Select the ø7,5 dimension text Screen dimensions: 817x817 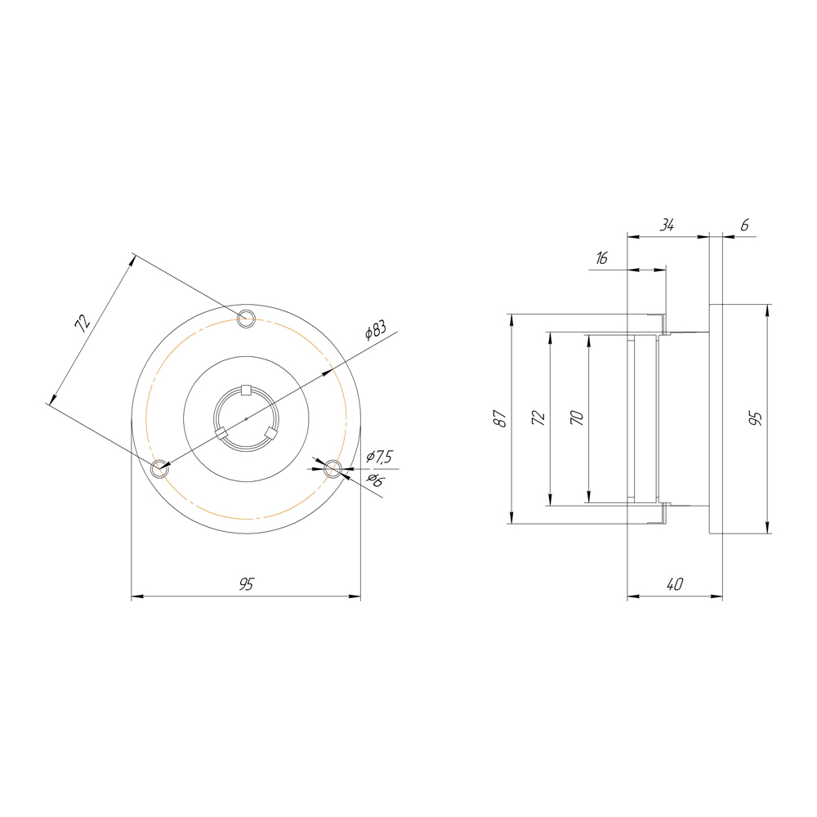click(379, 457)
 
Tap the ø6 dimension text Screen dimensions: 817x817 click(375, 480)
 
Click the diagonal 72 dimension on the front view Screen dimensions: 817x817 click(83, 323)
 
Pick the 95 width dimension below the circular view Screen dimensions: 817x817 click(246, 584)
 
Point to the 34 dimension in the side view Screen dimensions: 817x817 click(667, 225)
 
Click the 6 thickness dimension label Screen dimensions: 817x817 click(744, 225)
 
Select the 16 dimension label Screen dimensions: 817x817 click(602, 258)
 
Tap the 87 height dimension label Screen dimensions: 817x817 click(500, 418)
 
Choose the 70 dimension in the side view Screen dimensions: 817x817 click(577, 417)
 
